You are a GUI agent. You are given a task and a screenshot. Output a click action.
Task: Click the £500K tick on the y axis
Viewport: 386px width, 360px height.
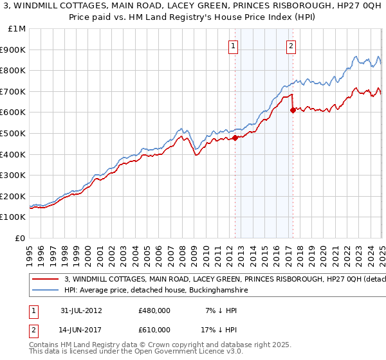click(x=13, y=133)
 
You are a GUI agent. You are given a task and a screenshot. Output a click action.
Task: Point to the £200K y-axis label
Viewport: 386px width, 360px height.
click(x=13, y=196)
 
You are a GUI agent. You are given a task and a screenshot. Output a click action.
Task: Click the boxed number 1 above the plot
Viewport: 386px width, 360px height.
click(x=232, y=46)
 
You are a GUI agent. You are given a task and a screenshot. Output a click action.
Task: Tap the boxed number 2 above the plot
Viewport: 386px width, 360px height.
click(x=291, y=46)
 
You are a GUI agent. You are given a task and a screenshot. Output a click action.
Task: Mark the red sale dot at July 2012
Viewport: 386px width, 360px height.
click(x=235, y=137)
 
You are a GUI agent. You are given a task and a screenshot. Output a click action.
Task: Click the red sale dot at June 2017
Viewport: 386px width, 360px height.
click(x=293, y=110)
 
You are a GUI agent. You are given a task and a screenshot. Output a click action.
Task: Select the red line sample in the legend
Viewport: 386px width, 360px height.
click(x=46, y=279)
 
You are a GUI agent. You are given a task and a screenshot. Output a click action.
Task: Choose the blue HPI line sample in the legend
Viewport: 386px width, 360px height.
click(x=46, y=291)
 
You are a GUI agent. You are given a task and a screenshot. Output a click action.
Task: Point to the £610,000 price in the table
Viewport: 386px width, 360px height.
click(x=154, y=330)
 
